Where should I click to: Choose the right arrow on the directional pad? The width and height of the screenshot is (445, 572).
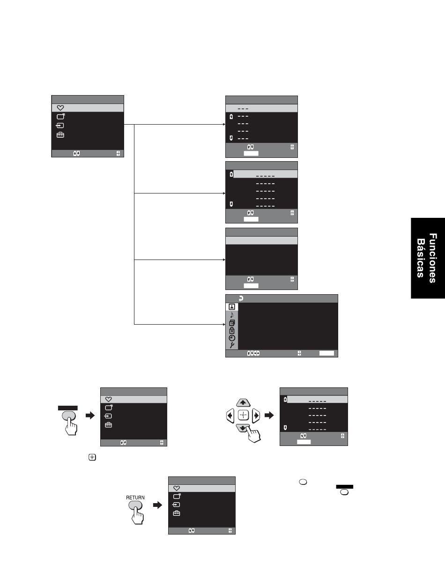256,415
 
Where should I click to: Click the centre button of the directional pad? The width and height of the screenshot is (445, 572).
243,415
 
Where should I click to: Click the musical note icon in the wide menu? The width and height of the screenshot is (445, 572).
232,315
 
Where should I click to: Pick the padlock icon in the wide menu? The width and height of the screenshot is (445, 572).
232,330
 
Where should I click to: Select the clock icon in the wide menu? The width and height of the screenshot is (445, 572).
232,338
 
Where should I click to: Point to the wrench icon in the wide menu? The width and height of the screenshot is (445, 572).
232,345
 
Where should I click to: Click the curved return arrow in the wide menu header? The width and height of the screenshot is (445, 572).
241,298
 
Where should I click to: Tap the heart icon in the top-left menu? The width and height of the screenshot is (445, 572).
60,108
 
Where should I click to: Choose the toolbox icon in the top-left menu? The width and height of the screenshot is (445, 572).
60,135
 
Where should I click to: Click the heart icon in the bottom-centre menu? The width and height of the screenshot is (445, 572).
177,488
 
